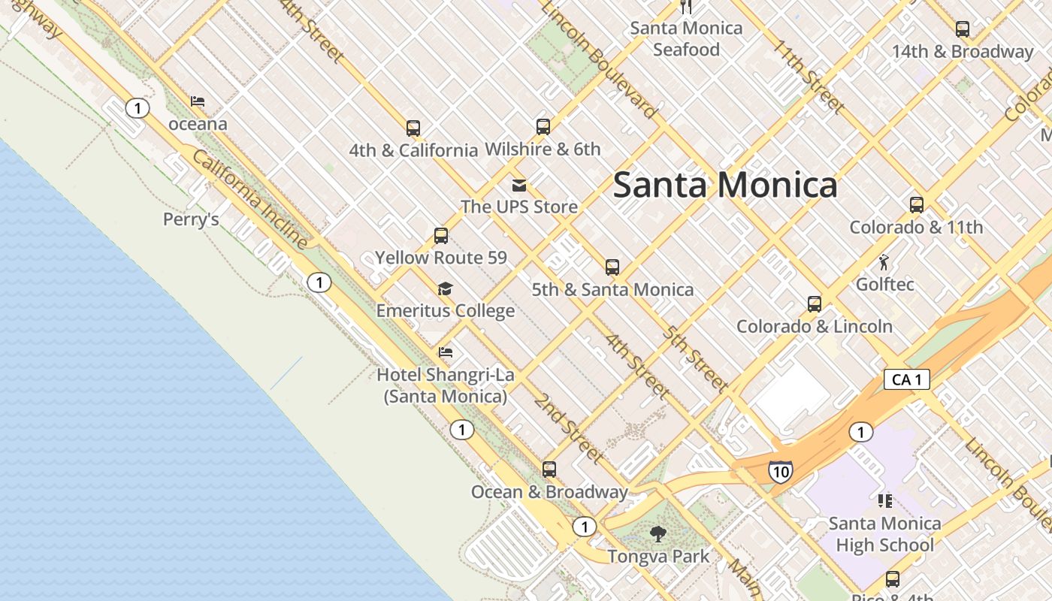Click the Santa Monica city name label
[724, 185]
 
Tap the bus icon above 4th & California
[413, 128]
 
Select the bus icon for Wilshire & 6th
[543, 127]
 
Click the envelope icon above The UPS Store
[518, 185]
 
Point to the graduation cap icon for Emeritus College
[445, 289]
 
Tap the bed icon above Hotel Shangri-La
[445, 352]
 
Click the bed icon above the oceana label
[197, 101]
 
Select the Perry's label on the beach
[191, 219]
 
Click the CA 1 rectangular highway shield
[906, 379]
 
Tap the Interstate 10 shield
[780, 472]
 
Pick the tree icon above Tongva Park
[657, 534]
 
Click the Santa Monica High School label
[884, 534]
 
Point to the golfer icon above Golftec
[884, 263]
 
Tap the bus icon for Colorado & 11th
[916, 205]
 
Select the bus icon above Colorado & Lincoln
[814, 304]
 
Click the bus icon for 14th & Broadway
[962, 30]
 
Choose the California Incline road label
[249, 200]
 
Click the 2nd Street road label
[569, 427]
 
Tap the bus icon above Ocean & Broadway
[549, 470]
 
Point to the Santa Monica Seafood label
[685, 39]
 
